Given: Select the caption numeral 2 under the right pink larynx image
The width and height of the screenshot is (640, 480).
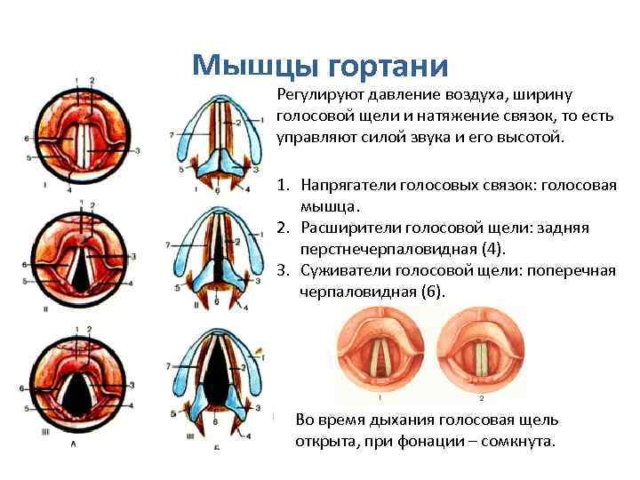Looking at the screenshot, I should [x=481, y=399].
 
